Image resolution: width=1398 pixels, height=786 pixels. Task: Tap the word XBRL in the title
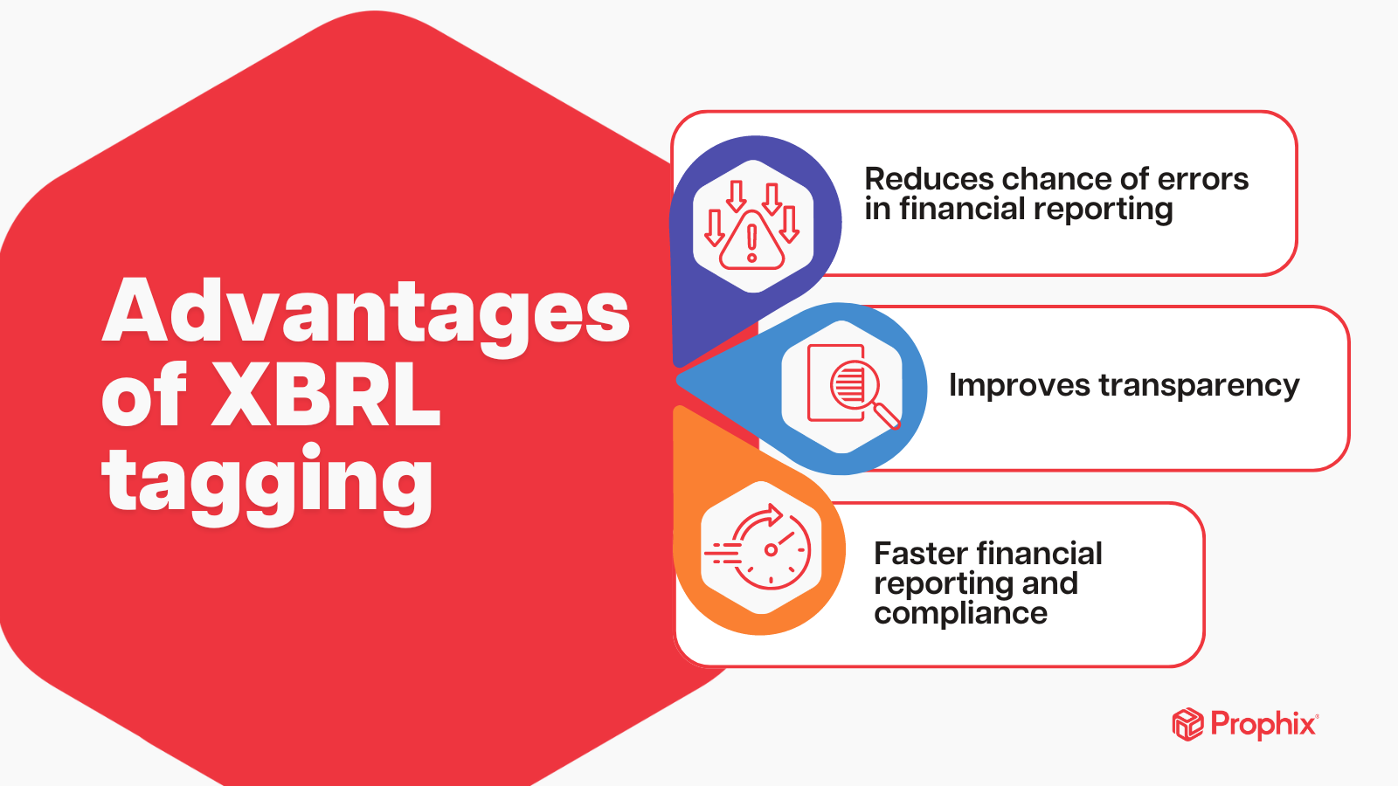pyautogui.click(x=326, y=396)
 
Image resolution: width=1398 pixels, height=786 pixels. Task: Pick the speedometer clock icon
pyautogui.click(x=762, y=548)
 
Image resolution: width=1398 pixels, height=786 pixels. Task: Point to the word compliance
pyautogui.click(x=960, y=613)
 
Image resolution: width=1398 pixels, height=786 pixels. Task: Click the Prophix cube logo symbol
pyautogui.click(x=1187, y=724)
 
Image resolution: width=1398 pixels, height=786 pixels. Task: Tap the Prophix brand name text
pyautogui.click(x=1263, y=724)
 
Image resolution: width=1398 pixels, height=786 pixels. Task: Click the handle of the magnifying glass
pyautogui.click(x=887, y=416)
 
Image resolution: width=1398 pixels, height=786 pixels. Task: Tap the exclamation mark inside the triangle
pyautogui.click(x=751, y=244)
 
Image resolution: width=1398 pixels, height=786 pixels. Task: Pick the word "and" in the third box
pyautogui.click(x=1049, y=583)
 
